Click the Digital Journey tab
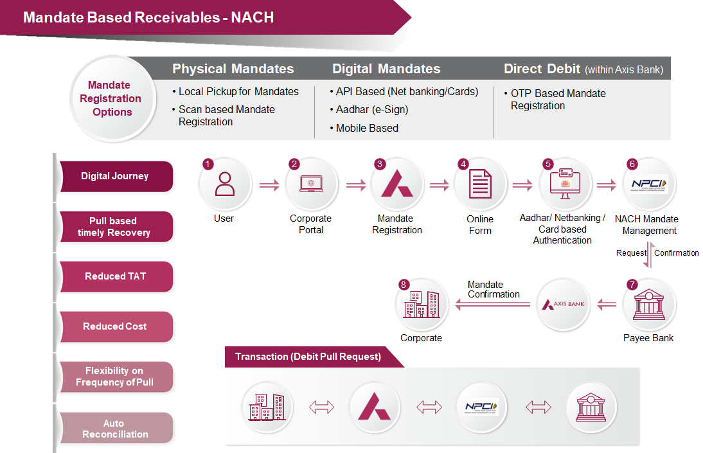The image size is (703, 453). pyautogui.click(x=116, y=176)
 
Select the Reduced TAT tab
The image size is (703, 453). pyautogui.click(x=116, y=276)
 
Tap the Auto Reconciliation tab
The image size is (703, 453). pyautogui.click(x=116, y=429)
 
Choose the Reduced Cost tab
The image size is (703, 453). pyautogui.click(x=116, y=326)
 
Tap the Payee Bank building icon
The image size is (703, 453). pyautogui.click(x=648, y=305)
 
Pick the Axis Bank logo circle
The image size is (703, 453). pyautogui.click(x=563, y=304)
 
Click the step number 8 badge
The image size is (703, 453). pyautogui.click(x=404, y=284)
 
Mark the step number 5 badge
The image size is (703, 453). pyautogui.click(x=548, y=164)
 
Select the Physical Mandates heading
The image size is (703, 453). pyautogui.click(x=233, y=69)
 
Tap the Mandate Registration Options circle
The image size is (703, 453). pyautogui.click(x=112, y=98)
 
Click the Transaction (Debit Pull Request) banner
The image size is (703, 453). pyautogui.click(x=308, y=357)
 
